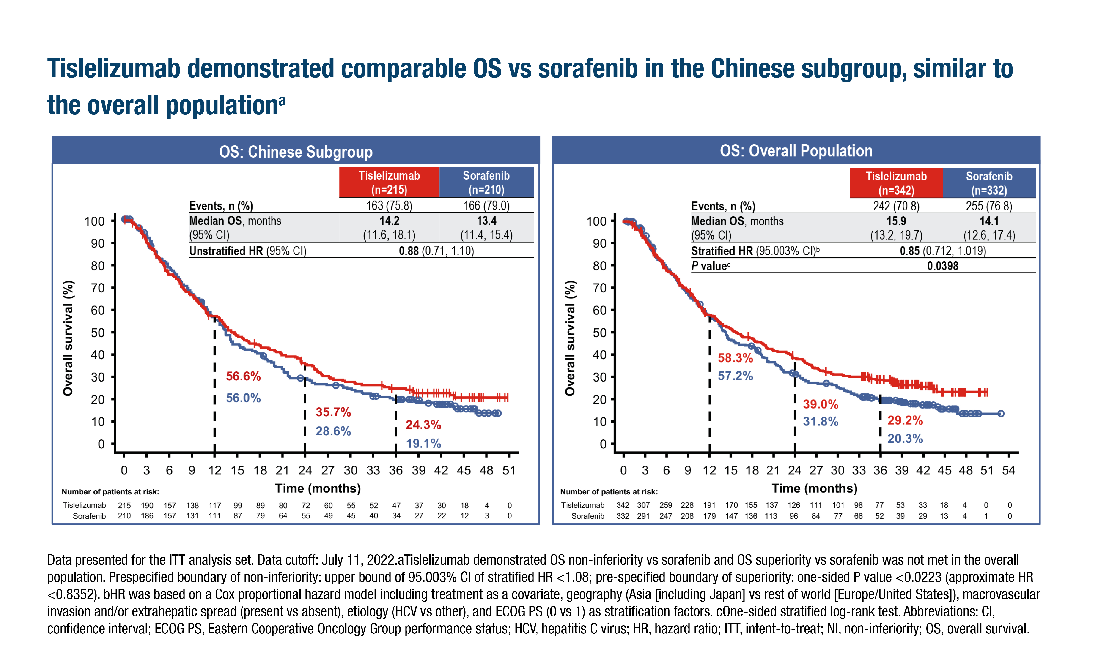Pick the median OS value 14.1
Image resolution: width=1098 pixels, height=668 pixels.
coord(989,221)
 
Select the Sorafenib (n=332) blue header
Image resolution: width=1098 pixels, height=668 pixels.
coord(989,183)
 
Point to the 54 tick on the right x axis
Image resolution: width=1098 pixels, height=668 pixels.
coord(1008,471)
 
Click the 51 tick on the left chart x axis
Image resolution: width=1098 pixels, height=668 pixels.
coord(509,471)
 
